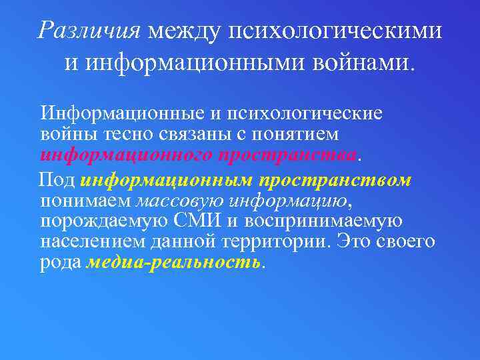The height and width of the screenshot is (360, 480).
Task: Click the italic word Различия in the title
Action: [x=89, y=30]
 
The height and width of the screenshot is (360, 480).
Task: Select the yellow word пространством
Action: [x=335, y=181]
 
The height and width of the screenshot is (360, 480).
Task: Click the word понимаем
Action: [x=87, y=201]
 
